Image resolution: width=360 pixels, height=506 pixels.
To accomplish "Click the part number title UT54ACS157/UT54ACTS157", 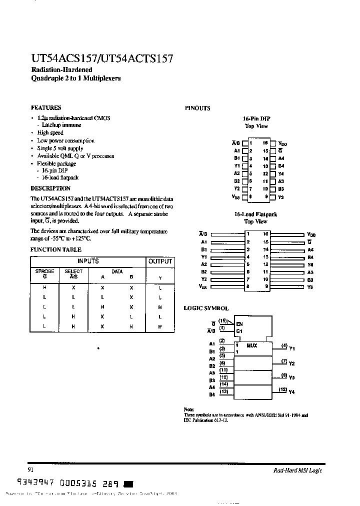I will (102, 59).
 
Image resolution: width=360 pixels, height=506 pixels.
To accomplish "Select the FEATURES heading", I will (46, 107).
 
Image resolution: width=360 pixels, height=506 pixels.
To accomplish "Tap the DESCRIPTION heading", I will (50, 188).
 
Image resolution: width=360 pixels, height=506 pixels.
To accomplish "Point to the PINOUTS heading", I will (197, 108).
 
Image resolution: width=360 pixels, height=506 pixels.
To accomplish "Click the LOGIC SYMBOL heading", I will (206, 308).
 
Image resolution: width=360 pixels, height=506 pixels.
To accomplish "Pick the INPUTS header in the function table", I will (88, 261).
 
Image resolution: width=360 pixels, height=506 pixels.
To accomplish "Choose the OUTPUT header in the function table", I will (160, 261).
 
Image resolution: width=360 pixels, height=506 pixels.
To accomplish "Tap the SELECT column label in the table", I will (73, 271).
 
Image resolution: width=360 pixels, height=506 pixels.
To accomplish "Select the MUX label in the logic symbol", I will (251, 345).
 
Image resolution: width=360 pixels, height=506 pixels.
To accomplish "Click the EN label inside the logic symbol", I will (239, 324).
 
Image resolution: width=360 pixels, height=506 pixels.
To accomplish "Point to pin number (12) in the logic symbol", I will (282, 389).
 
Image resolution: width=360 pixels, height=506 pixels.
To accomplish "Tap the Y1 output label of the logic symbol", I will (292, 348).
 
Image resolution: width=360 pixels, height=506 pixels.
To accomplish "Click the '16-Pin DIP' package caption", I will (256, 118).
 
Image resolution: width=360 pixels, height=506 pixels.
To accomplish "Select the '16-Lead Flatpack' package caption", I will (256, 214).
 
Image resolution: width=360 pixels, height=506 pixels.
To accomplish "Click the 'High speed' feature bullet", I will (50, 133).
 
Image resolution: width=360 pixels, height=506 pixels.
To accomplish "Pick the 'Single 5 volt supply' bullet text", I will (60, 148).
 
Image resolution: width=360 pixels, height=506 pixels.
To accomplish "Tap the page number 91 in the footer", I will (31, 470).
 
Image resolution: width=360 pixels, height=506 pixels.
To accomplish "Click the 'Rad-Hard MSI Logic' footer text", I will (297, 470).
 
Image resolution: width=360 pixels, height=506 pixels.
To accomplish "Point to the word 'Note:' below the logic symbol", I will (189, 409).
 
